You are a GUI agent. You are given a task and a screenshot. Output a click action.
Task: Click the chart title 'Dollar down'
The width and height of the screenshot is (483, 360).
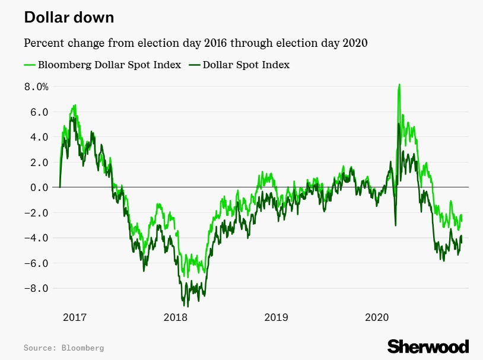click(x=69, y=18)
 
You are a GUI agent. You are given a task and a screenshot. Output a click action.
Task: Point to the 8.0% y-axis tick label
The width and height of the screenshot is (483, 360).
click(x=36, y=87)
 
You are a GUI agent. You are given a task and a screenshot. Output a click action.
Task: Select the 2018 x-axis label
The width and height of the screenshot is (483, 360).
click(x=175, y=318)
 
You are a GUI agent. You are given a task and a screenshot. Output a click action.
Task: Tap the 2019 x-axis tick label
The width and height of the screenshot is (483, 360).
click(x=276, y=318)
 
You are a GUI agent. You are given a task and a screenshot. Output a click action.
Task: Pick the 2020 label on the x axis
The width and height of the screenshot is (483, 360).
click(x=377, y=318)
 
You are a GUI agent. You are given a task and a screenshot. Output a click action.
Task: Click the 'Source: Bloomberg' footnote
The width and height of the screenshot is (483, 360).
click(x=63, y=347)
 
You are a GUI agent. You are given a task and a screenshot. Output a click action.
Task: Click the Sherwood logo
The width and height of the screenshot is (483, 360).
click(x=428, y=346)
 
